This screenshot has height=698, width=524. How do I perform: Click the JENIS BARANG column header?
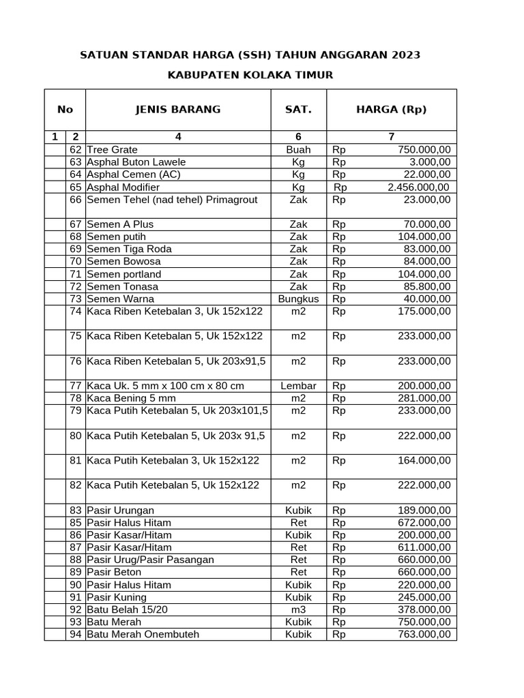(x=177, y=109)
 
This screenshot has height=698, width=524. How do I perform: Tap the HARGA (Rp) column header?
(x=391, y=109)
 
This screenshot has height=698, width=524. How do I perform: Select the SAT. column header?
(x=298, y=109)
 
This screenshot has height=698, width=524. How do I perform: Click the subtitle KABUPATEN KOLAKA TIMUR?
(x=250, y=74)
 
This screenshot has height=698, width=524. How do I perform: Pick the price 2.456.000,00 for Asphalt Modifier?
(x=418, y=187)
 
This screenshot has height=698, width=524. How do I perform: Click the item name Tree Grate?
(x=112, y=149)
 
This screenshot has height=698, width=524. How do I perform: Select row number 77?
(x=75, y=386)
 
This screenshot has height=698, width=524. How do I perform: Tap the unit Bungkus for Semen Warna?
(x=298, y=299)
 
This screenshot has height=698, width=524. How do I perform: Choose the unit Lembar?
(x=298, y=386)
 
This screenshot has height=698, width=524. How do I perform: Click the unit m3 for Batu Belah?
(x=298, y=609)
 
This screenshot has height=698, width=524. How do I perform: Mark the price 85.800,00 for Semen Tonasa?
(x=424, y=286)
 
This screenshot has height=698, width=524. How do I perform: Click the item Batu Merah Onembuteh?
(x=143, y=634)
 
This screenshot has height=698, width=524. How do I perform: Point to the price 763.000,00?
(x=424, y=634)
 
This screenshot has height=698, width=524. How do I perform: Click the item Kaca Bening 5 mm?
(x=131, y=398)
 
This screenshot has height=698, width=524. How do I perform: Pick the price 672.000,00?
(x=424, y=522)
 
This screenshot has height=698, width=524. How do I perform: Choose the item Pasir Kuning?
(x=116, y=597)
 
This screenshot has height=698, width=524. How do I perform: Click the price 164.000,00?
(x=424, y=460)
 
